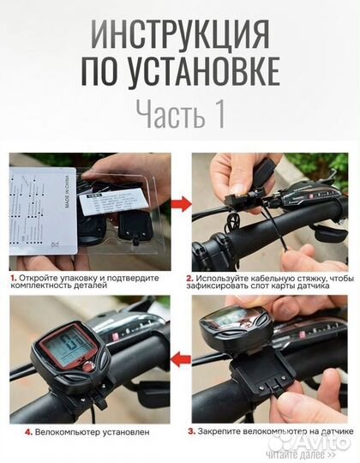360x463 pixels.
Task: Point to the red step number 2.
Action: click(x=190, y=279)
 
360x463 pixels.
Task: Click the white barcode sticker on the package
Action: click(x=103, y=204)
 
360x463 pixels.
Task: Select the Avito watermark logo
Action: click(x=313, y=439)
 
